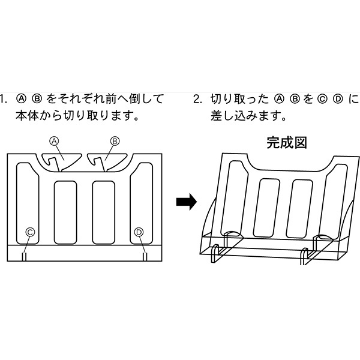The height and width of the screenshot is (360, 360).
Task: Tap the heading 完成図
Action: tap(286, 143)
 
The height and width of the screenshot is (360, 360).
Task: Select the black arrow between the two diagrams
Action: tap(186, 202)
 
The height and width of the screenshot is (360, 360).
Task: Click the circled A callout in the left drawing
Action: tap(53, 140)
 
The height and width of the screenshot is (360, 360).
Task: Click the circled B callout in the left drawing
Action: tap(115, 140)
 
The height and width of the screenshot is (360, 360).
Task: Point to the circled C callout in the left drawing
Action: tap(30, 232)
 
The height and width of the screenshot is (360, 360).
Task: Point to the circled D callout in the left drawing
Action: tap(139, 232)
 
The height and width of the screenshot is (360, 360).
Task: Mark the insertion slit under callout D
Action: tap(145, 256)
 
